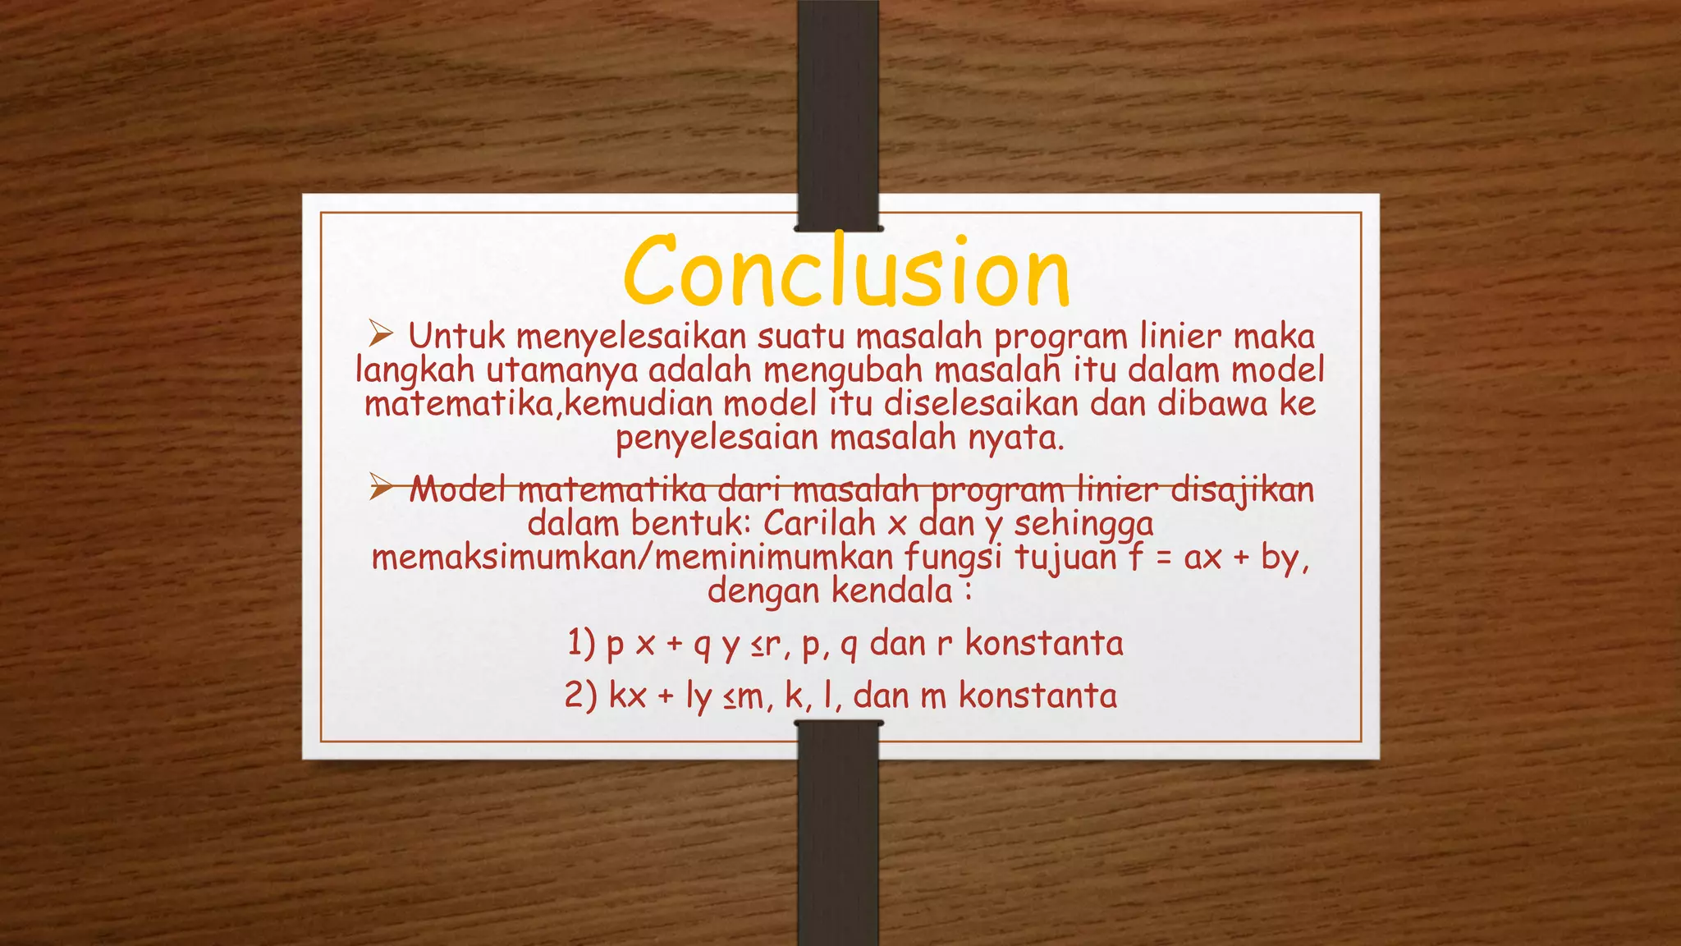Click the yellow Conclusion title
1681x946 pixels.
click(847, 271)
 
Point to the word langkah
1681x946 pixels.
click(415, 371)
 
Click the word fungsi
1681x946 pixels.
click(953, 558)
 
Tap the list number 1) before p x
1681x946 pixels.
click(581, 643)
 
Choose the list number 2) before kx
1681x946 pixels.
click(580, 696)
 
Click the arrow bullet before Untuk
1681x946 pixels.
click(382, 334)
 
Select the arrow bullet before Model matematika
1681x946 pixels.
click(382, 488)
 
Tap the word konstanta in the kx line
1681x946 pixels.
click(1037, 696)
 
